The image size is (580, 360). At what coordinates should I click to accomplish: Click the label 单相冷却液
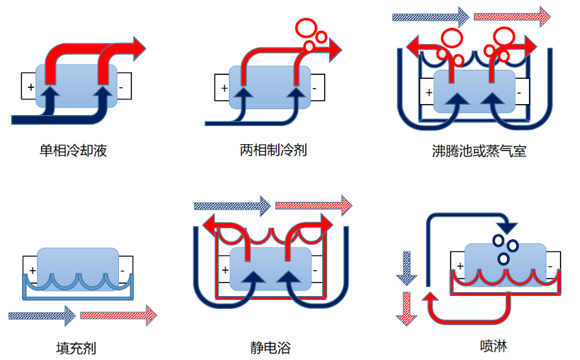[x=73, y=151]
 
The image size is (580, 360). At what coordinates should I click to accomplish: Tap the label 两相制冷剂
[x=273, y=151]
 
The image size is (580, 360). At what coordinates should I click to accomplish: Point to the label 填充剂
[x=76, y=348]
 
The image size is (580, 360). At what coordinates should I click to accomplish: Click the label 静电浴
[x=270, y=348]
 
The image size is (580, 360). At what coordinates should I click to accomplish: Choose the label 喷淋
[x=493, y=346]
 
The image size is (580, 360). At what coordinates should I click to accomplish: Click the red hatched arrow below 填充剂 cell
[x=118, y=315]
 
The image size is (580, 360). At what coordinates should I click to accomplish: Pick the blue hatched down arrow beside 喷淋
[x=405, y=268]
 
